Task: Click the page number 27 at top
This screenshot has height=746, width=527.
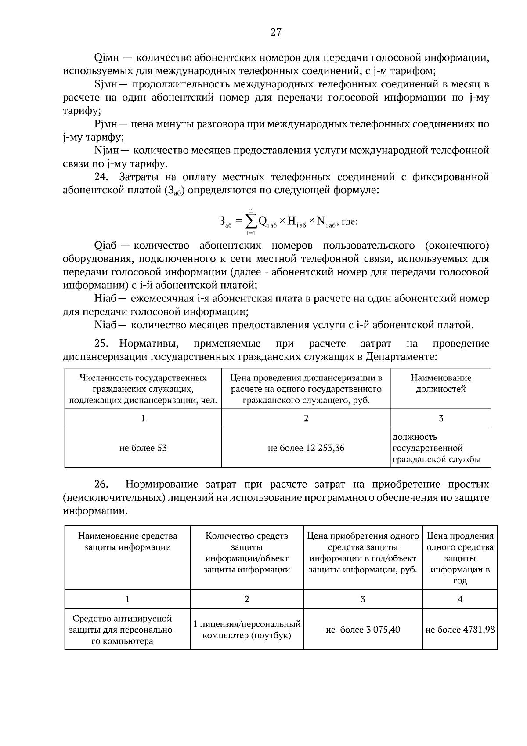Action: coord(275,32)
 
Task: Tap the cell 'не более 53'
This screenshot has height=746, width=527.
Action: coord(143,448)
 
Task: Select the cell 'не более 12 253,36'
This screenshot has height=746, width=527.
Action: coord(306,448)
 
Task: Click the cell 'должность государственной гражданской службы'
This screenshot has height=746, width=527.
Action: coord(440,448)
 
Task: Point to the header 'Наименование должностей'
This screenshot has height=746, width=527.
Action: coord(440,384)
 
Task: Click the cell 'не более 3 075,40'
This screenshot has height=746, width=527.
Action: coord(363,630)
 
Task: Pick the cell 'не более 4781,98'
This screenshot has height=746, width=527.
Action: coord(460,630)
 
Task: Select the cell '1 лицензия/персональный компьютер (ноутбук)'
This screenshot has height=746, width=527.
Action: coord(247,630)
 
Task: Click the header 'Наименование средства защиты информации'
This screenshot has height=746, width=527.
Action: coord(127,541)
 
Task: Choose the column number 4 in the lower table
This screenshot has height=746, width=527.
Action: coord(460,599)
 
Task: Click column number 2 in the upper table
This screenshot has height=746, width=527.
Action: coord(306,418)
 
